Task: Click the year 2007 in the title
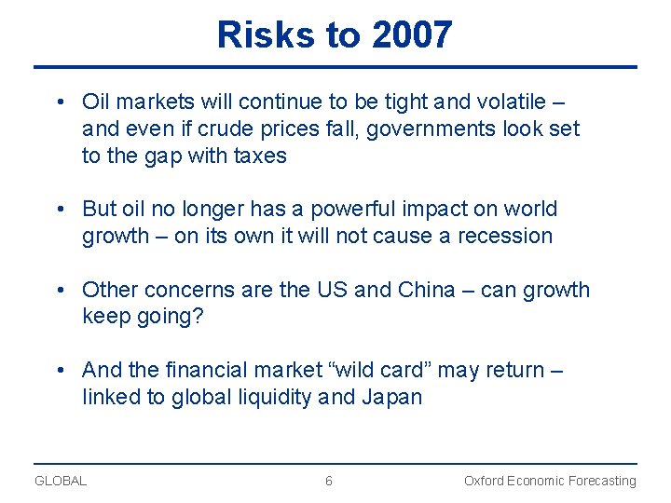pyautogui.click(x=412, y=35)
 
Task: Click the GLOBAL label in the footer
pyautogui.click(x=61, y=481)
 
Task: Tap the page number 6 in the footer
pyautogui.click(x=328, y=481)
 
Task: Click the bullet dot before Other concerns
pyautogui.click(x=59, y=290)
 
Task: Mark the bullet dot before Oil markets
pyautogui.click(x=59, y=102)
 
